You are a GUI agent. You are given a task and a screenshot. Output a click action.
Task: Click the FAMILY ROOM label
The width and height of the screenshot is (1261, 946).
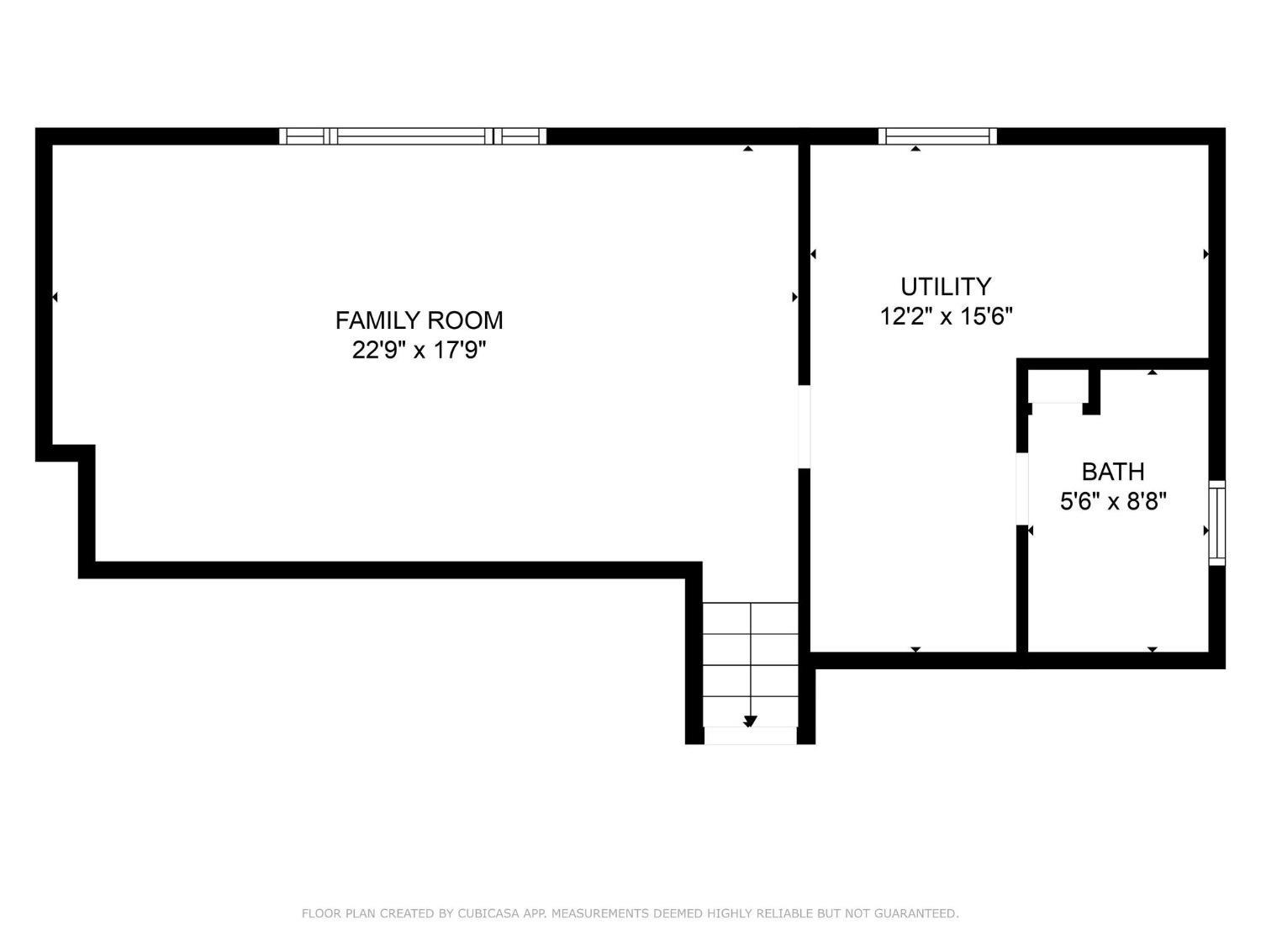419,320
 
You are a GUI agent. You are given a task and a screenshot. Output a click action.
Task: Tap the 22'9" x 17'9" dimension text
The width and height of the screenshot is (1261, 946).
419,350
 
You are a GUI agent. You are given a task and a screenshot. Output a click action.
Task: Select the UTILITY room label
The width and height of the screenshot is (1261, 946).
946,287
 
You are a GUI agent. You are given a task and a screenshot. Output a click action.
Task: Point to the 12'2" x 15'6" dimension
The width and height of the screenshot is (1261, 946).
946,316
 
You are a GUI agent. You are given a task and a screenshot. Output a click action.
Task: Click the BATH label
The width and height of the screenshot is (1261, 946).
1113,472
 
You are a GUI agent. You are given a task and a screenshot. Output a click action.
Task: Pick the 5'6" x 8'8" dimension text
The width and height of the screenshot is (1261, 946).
1113,502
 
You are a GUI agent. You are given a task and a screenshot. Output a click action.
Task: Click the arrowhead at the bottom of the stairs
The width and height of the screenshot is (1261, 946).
750,721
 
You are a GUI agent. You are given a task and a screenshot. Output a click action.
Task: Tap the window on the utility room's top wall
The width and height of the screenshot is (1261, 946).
937,136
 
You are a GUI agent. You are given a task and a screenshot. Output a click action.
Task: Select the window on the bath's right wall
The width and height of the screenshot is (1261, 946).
1216,523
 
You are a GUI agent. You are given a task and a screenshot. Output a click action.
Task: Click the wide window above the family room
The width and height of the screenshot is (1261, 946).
413,136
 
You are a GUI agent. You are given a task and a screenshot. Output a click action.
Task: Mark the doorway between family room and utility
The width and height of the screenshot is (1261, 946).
805,427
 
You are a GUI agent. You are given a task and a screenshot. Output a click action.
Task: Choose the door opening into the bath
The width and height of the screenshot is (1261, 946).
1022,489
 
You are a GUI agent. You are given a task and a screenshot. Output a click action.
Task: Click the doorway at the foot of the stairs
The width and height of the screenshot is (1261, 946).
750,736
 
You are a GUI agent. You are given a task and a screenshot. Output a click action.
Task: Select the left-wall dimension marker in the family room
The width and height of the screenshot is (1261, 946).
55,297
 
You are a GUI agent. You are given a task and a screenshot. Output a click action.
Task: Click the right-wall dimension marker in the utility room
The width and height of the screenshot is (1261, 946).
1206,254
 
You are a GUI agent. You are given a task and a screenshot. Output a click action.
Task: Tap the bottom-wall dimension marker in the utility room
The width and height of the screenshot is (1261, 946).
915,650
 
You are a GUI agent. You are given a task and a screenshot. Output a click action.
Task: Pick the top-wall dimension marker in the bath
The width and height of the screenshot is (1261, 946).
1153,373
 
